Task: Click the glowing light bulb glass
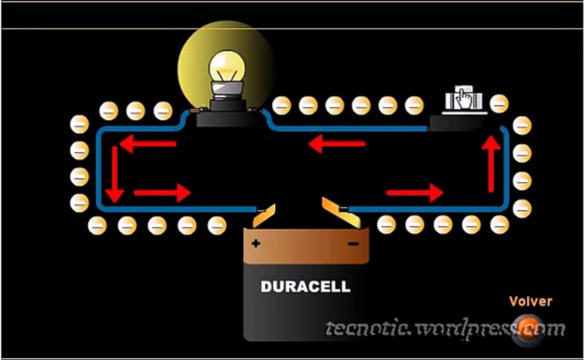point(227,67)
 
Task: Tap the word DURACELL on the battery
point(305,286)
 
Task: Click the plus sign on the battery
point(255,243)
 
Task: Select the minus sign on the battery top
point(353,244)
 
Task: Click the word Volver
point(530,301)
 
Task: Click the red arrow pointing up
point(491,164)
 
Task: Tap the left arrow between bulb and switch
point(336,143)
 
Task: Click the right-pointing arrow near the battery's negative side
point(414,193)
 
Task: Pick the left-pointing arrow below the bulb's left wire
point(147,143)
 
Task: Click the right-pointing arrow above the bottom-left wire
point(162,193)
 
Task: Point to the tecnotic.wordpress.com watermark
point(445,328)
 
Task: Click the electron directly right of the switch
point(498,103)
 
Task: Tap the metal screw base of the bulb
point(227,91)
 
